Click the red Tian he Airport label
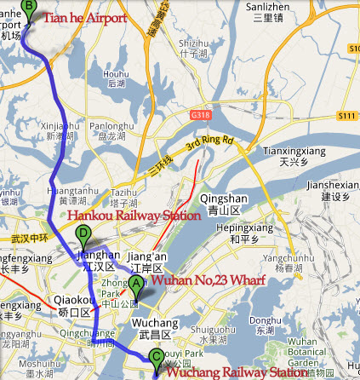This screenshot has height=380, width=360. [85, 17]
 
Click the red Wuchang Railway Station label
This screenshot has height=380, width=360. [236, 371]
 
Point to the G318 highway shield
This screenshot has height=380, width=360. [201, 114]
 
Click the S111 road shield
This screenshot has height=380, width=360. [346, 114]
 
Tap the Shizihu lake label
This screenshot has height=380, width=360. [194, 43]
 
